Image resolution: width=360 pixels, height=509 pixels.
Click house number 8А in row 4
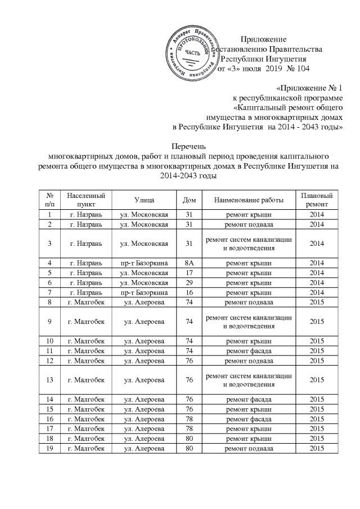point(186,262)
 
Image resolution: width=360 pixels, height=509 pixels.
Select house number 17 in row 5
point(186,272)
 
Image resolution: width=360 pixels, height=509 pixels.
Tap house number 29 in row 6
point(186,282)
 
